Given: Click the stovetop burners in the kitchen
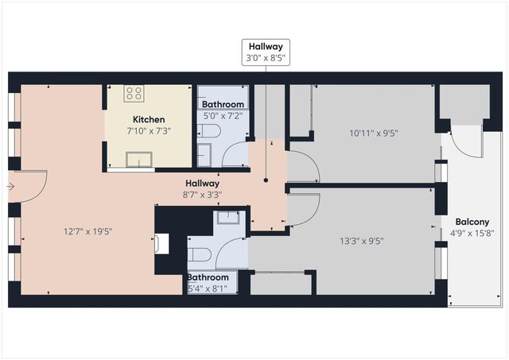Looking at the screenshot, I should click(134, 94).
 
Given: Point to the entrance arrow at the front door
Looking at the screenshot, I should click(10, 187).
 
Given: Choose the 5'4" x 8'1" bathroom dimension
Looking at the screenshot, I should click(211, 288).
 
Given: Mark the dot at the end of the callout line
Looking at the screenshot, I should click(266, 180).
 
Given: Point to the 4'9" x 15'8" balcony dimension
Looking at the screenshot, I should click(472, 234).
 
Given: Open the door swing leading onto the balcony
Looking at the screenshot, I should click(468, 141).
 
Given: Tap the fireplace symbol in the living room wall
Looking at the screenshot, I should click(161, 243).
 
